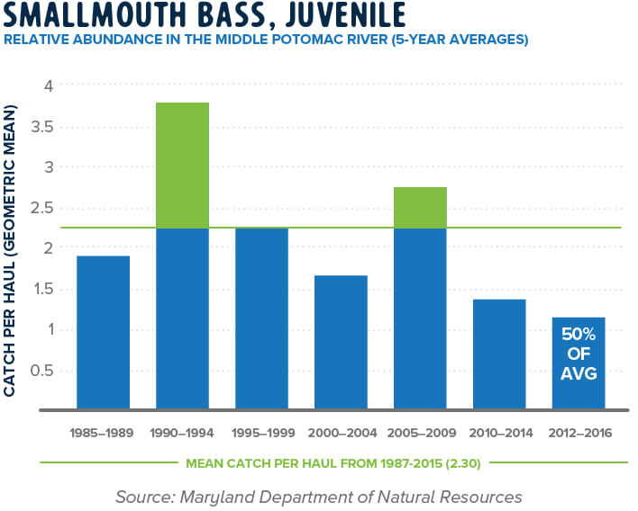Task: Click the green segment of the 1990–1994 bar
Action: click(x=182, y=166)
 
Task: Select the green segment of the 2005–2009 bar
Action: click(x=420, y=208)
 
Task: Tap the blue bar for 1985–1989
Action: click(x=103, y=332)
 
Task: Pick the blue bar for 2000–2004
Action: click(x=341, y=342)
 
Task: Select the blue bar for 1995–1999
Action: click(x=261, y=318)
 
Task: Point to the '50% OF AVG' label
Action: click(x=579, y=354)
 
